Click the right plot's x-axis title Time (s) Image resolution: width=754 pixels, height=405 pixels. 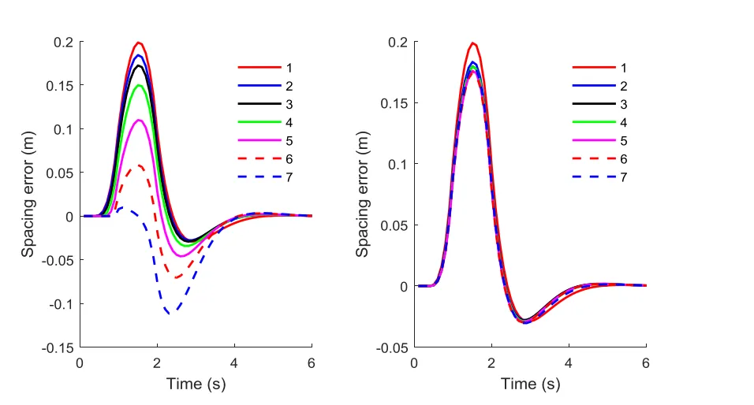[530, 385]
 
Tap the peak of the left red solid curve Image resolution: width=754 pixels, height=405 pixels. [138, 43]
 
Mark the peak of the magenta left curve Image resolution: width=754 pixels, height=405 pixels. [139, 120]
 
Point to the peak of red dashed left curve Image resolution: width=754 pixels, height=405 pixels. [140, 165]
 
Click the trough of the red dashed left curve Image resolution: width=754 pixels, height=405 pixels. [177, 277]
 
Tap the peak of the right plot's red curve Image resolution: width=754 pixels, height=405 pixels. [473, 43]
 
